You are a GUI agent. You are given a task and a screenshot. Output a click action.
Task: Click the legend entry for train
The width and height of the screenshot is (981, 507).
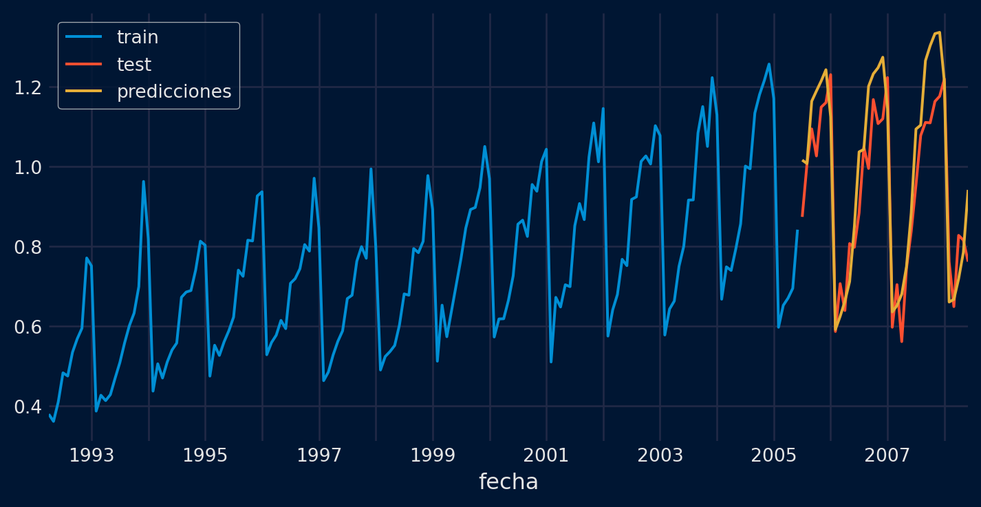(x=138, y=37)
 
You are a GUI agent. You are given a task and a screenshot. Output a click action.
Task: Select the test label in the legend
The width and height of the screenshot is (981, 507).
(x=134, y=65)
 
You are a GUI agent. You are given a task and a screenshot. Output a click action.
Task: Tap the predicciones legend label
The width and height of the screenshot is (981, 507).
(x=174, y=91)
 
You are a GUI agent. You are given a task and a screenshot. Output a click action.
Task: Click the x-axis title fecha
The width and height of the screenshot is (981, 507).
(x=508, y=482)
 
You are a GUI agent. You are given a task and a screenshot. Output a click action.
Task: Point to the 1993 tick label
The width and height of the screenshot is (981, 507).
(x=91, y=455)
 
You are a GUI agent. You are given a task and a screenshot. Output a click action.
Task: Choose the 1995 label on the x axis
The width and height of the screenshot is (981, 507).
(x=205, y=455)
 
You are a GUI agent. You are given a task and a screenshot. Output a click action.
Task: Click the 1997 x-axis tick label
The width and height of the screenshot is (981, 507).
(x=319, y=455)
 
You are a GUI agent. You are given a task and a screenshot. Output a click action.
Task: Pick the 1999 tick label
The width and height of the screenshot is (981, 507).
(x=433, y=455)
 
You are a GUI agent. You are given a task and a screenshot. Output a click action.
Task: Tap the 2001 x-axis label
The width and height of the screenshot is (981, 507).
(x=546, y=455)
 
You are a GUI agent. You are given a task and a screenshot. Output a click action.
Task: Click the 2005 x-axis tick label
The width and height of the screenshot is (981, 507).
(x=774, y=455)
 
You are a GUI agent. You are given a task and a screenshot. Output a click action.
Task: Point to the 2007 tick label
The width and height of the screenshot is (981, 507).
(x=887, y=455)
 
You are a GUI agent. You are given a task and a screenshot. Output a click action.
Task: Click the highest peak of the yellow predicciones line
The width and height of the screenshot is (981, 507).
(x=939, y=32)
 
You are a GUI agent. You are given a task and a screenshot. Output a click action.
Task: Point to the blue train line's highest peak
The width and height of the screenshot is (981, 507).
(x=768, y=64)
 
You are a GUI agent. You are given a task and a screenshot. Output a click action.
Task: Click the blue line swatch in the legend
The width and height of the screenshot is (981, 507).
(x=84, y=37)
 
